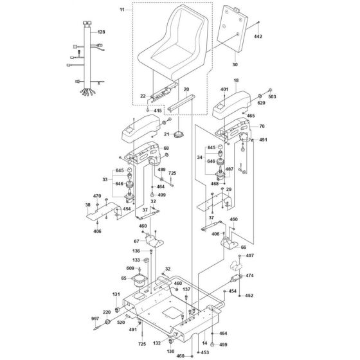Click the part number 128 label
(x=101, y=31)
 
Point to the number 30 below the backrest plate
(x=234, y=64)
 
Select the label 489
(x=161, y=169)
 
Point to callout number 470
(x=97, y=196)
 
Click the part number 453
(x=204, y=352)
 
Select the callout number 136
(x=136, y=251)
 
